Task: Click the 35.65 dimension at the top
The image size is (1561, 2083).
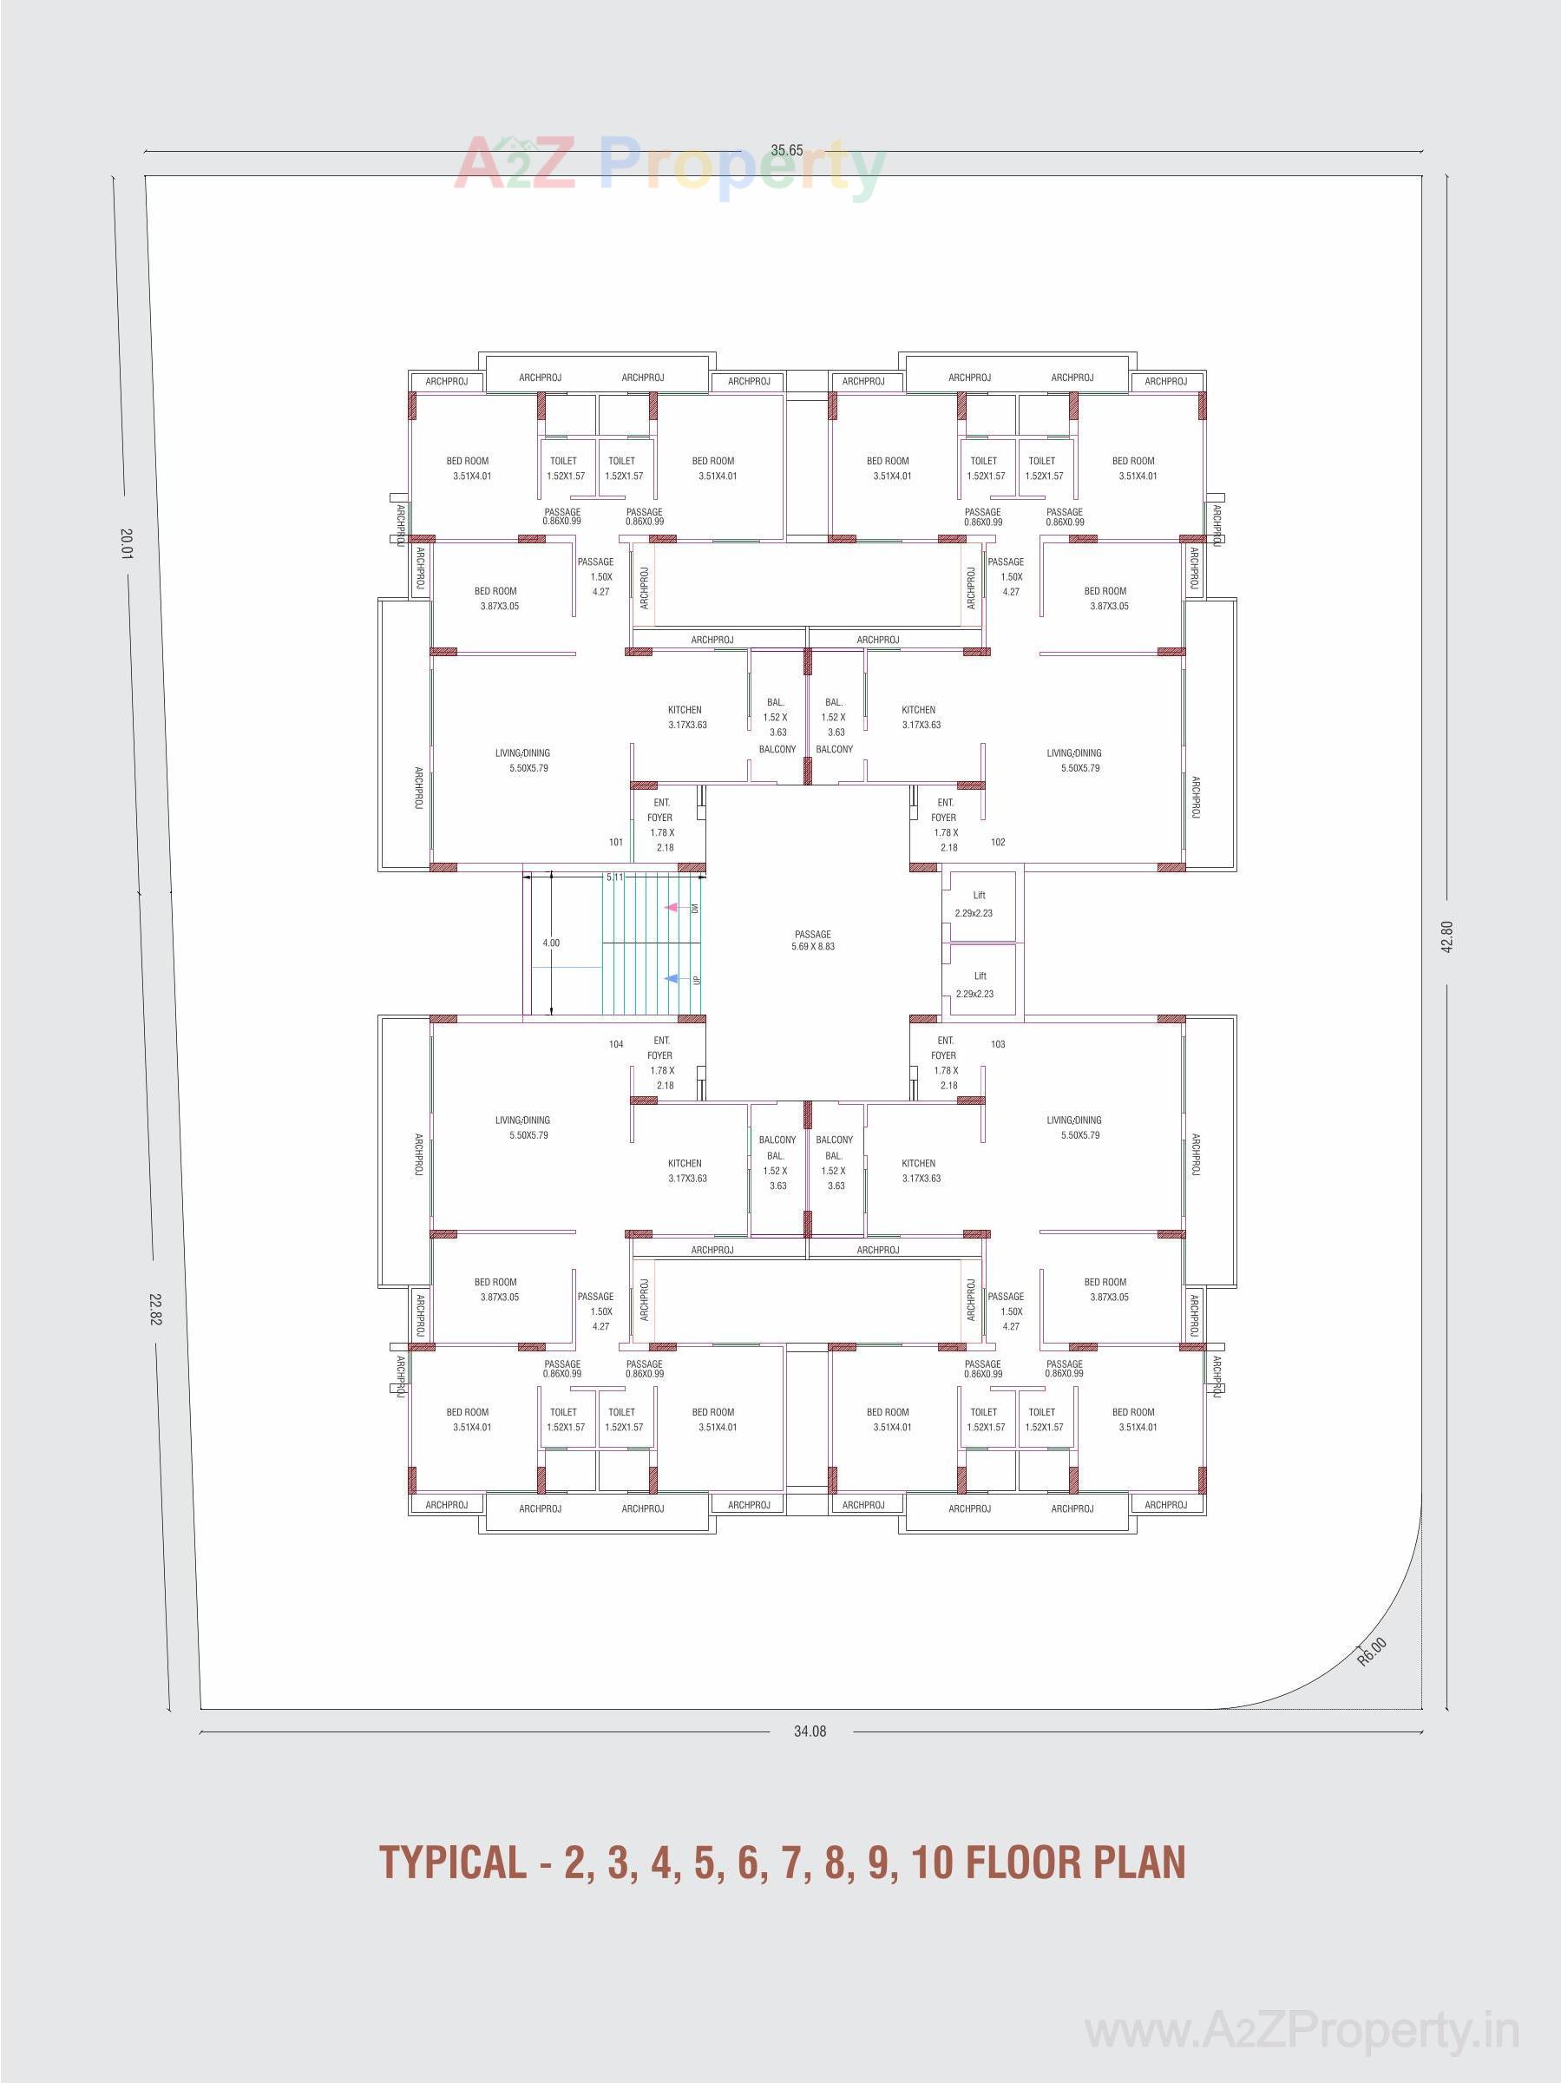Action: [x=786, y=151]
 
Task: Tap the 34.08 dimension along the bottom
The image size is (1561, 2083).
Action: [x=810, y=1731]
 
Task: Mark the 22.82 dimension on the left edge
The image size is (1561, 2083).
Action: [x=155, y=1308]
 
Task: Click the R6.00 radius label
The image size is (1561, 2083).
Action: [x=1372, y=1652]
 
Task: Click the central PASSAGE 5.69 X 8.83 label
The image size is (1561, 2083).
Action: [x=812, y=941]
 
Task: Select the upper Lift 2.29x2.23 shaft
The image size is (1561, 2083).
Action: [x=979, y=905]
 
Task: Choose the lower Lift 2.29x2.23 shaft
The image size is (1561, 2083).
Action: [x=979, y=985]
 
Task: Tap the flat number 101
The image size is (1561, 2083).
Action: [x=616, y=842]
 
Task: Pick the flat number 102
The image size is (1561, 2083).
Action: [x=998, y=842]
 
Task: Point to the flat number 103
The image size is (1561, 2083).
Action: [x=998, y=1044]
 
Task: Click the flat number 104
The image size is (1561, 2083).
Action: [x=616, y=1044]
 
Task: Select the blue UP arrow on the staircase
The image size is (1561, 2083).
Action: [x=672, y=979]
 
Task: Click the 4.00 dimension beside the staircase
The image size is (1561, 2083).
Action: [x=551, y=943]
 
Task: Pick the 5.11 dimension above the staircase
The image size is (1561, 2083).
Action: [x=615, y=877]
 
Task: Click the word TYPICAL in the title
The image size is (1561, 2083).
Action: [x=452, y=1863]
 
